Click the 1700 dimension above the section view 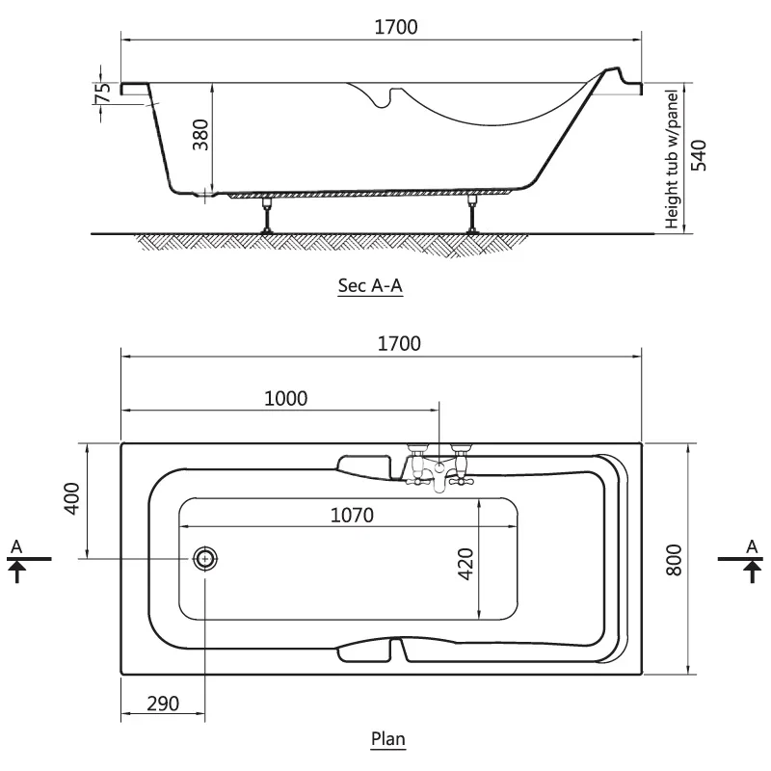(x=396, y=27)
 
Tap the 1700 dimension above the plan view (x=399, y=343)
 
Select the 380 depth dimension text (x=200, y=134)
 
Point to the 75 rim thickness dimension (x=103, y=93)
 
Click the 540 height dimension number (x=699, y=155)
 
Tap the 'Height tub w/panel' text (x=671, y=159)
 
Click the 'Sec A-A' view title (x=370, y=285)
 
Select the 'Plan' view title (x=388, y=738)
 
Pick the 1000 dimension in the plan (x=285, y=398)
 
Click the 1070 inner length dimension (x=352, y=516)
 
